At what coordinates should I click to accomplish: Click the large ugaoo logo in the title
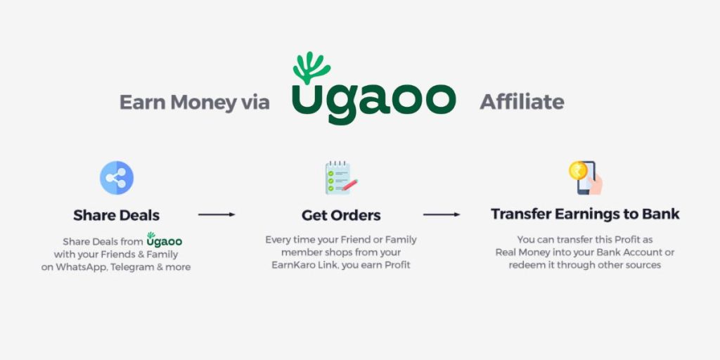(x=374, y=88)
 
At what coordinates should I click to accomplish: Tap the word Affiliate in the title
(x=522, y=102)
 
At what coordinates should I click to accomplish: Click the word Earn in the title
(x=141, y=102)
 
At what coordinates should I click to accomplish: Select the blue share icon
(x=117, y=178)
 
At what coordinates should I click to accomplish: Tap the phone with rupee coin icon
(x=586, y=178)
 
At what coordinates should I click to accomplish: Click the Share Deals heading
(x=117, y=215)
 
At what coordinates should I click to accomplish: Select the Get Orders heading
(x=341, y=215)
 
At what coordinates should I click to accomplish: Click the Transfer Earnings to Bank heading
(x=585, y=214)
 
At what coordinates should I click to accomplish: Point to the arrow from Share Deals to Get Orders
(x=217, y=214)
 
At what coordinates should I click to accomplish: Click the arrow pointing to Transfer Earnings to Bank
(x=442, y=214)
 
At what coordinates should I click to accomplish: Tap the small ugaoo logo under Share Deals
(x=164, y=240)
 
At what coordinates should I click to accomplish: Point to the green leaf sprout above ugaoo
(x=311, y=67)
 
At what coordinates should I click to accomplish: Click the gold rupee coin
(x=578, y=170)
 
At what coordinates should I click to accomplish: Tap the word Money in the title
(x=203, y=103)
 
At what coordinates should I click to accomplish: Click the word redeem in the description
(x=525, y=265)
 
